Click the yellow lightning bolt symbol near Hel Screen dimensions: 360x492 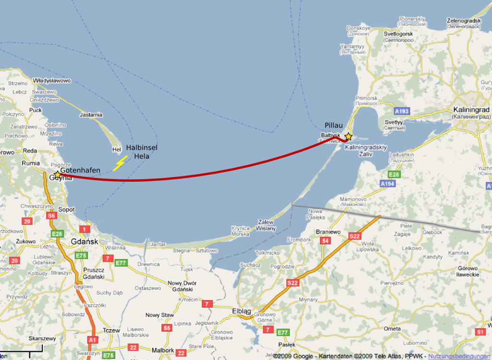pos(119,163)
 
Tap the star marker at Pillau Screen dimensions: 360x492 pos(348,137)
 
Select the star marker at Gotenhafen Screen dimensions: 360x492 pos(58,174)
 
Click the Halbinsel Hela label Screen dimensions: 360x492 pos(142,152)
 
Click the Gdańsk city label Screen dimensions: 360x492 pos(85,241)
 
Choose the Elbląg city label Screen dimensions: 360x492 pos(241,311)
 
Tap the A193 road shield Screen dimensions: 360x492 pos(402,111)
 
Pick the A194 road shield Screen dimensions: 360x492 pos(387,184)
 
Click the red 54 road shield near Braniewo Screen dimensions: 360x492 pos(326,241)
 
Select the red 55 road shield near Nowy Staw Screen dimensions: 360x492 pos(167,328)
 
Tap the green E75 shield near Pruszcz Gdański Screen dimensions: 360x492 pos(81,256)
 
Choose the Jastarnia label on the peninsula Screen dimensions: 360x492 pos(91,115)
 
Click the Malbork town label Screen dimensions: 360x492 pos(162,350)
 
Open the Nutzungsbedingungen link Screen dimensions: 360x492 pos(459,356)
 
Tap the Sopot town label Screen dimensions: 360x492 pos(66,210)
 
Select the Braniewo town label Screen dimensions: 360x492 pos(328,232)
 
